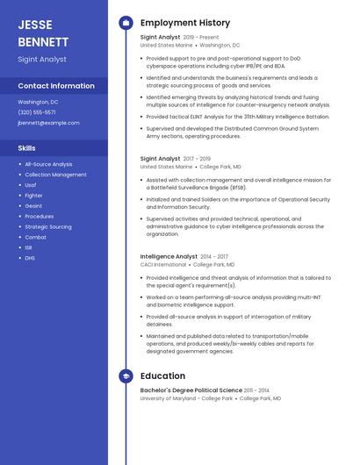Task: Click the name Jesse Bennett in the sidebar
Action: [x=43, y=32]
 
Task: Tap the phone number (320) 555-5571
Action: [x=37, y=112]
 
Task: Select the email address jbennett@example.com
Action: [x=48, y=123]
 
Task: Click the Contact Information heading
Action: [x=56, y=86]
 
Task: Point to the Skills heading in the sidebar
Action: [x=27, y=148]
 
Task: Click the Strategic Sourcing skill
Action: [x=48, y=226]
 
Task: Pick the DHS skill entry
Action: [x=30, y=258]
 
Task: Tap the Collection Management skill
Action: [x=55, y=175]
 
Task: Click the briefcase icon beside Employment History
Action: [x=126, y=23]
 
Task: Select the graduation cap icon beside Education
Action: [x=126, y=376]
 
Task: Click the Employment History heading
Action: [x=185, y=23]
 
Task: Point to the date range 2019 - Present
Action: [x=201, y=38]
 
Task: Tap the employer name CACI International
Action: [x=163, y=264]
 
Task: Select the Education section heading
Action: [x=162, y=376]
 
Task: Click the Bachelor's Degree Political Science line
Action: [x=191, y=390]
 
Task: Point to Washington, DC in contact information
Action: [x=39, y=102]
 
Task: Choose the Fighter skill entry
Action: [x=34, y=196]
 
